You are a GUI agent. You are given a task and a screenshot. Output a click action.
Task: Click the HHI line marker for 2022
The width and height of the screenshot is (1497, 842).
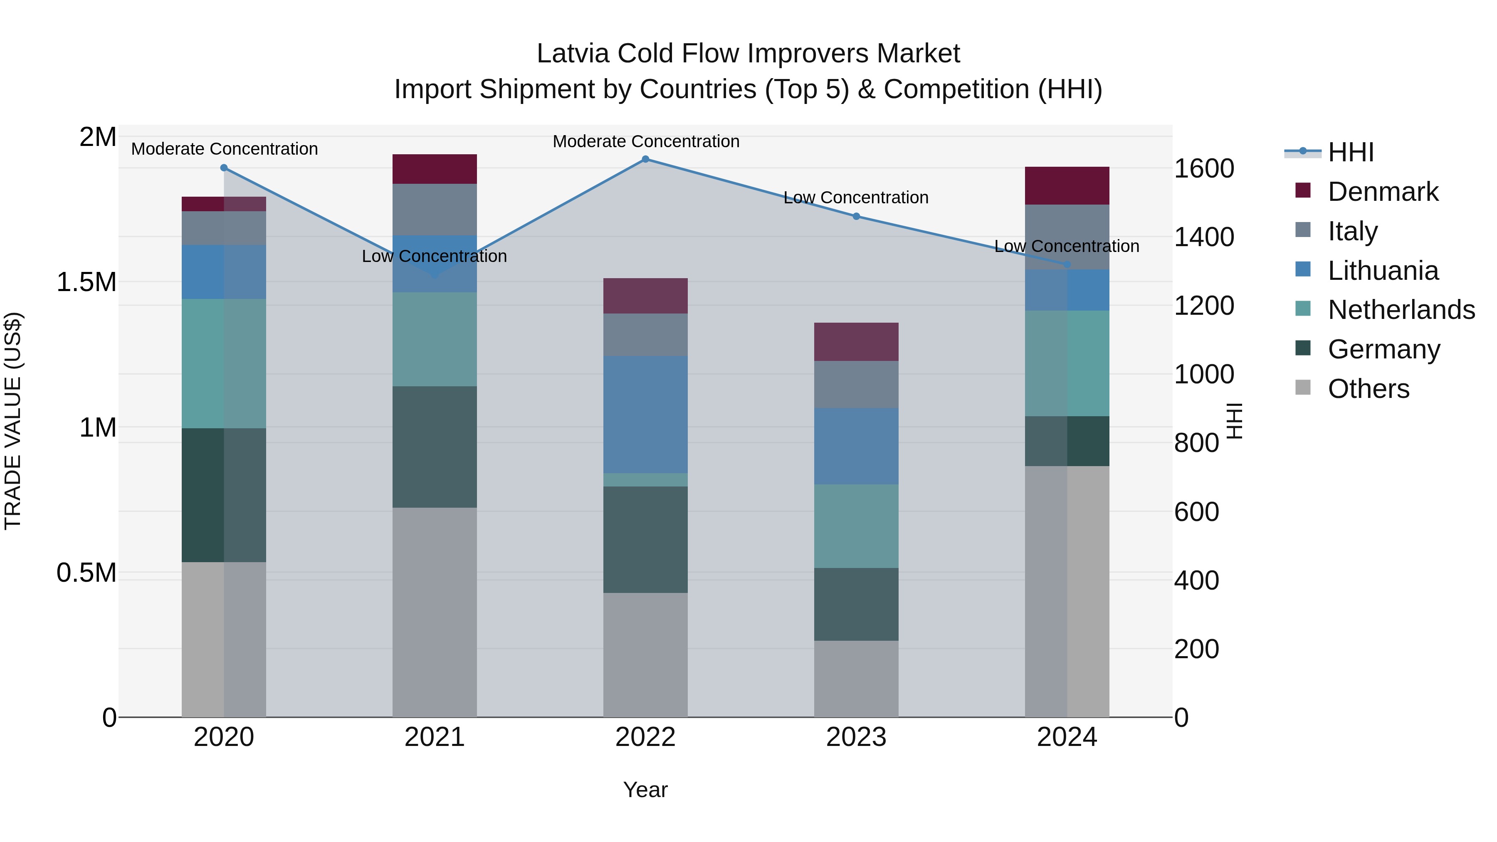(x=645, y=159)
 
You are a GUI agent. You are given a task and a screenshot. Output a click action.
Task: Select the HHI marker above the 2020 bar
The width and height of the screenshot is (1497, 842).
(x=224, y=168)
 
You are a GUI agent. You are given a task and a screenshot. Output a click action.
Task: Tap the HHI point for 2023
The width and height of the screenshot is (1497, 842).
(x=856, y=216)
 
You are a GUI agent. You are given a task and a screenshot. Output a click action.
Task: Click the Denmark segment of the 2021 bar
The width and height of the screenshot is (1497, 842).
(x=434, y=169)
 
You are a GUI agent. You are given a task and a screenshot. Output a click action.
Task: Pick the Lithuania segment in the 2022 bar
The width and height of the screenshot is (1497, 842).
(x=645, y=414)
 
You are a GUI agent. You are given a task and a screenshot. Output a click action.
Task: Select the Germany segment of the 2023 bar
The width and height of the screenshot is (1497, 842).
(x=856, y=604)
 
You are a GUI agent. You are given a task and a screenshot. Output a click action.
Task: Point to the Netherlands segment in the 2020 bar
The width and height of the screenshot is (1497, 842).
(x=224, y=364)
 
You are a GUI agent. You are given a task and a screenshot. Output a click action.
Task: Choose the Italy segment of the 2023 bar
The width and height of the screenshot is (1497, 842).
(x=856, y=384)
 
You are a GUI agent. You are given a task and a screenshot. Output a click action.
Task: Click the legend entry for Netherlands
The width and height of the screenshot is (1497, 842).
(x=1401, y=310)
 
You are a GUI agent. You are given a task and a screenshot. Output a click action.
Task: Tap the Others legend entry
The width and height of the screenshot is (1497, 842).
(x=1368, y=389)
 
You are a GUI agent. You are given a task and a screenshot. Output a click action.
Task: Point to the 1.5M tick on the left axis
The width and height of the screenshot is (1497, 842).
(x=86, y=282)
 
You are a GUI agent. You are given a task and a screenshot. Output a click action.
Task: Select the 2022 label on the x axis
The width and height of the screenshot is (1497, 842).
(x=645, y=737)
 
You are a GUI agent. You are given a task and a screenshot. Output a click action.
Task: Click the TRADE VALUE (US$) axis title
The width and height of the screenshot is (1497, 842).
(x=13, y=421)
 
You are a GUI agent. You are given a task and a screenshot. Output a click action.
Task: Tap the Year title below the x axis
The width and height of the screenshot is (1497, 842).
(x=645, y=790)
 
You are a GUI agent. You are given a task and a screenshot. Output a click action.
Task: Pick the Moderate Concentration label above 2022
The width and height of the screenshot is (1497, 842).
(x=646, y=141)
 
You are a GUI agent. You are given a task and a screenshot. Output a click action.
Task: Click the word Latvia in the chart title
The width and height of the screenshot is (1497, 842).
(x=573, y=54)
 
